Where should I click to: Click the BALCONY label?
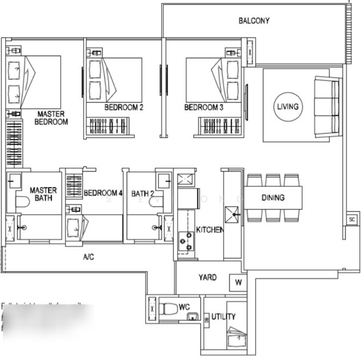click(x=254, y=21)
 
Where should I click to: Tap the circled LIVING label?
click(x=287, y=107)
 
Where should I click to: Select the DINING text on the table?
click(x=273, y=197)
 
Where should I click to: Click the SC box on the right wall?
click(x=352, y=220)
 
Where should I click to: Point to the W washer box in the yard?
click(x=238, y=282)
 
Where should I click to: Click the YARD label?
click(x=208, y=278)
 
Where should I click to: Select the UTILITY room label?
click(x=223, y=316)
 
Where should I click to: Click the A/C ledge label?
click(x=88, y=257)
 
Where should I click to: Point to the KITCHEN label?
click(x=210, y=230)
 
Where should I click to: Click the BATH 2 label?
click(x=143, y=193)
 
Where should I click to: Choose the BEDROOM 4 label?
click(x=103, y=193)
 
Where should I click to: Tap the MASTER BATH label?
click(x=43, y=194)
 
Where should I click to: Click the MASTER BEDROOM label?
click(x=53, y=118)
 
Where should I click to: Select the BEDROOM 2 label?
click(x=123, y=108)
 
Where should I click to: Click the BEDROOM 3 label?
click(x=204, y=108)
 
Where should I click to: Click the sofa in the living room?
click(x=327, y=107)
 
